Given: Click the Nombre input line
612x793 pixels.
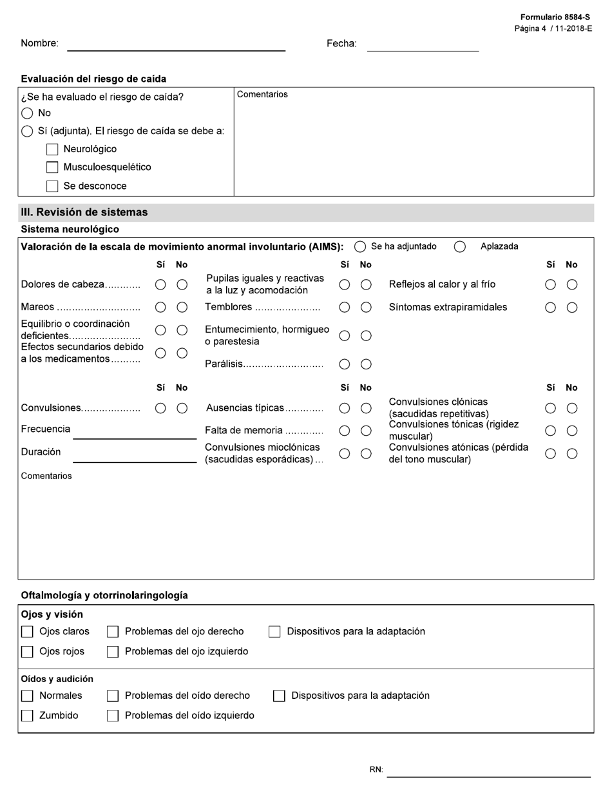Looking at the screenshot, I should (176, 44).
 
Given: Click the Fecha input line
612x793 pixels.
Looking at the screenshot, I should (423, 44).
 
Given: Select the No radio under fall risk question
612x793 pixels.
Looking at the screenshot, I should (27, 113).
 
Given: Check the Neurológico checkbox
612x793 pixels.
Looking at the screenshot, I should (52, 150).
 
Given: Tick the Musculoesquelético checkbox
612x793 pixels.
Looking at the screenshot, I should (52, 168).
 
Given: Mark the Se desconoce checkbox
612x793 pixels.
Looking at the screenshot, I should (52, 186).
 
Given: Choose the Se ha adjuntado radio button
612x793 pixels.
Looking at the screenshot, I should (360, 247).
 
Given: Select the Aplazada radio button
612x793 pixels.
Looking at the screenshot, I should (460, 247).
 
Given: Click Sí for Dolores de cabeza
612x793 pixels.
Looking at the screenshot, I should (160, 285).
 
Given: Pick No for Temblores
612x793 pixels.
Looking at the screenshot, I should (366, 308).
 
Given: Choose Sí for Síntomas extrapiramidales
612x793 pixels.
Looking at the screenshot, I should (550, 308).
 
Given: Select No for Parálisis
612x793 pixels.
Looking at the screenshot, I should (366, 364).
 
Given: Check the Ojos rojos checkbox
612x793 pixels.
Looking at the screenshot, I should (27, 652).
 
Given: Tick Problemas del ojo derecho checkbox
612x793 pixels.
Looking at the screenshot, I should (113, 632).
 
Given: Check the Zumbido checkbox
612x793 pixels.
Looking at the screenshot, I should (27, 716).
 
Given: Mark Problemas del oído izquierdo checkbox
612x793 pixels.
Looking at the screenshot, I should (113, 716).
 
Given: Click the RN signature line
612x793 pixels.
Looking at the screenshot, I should (488, 770).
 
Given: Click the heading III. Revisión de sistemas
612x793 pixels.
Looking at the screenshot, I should (84, 212).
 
